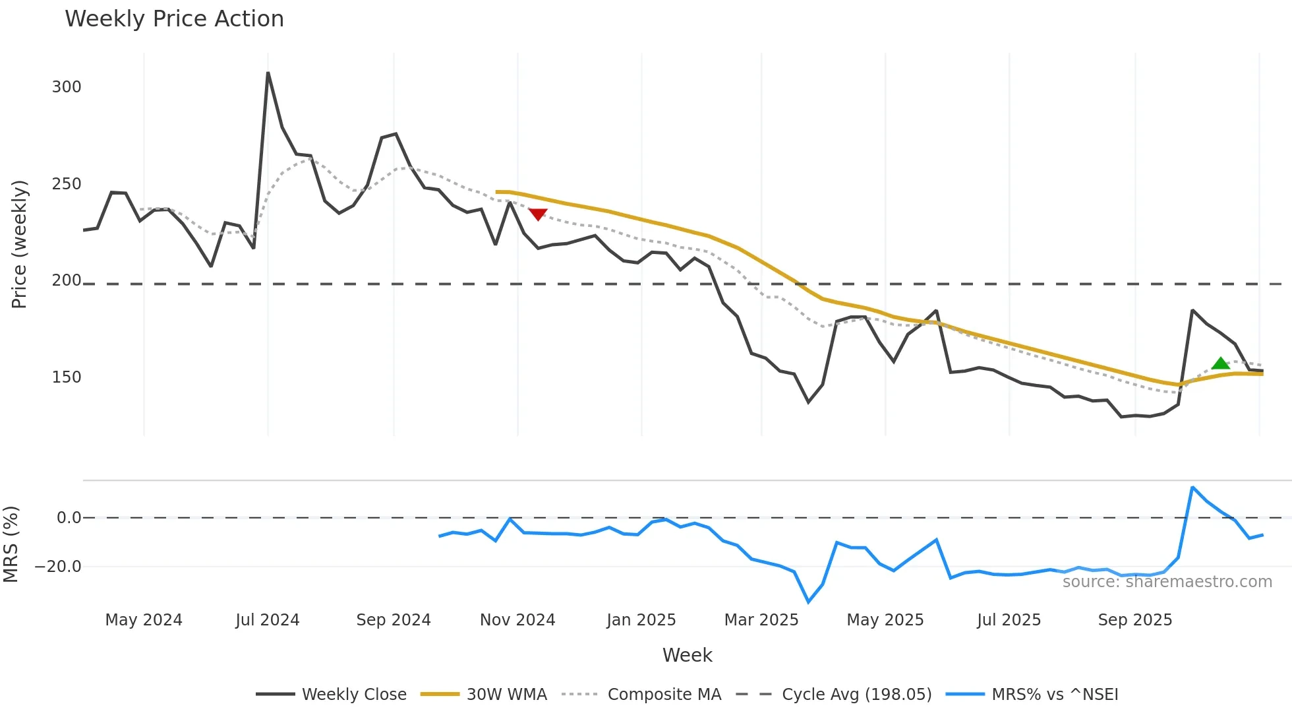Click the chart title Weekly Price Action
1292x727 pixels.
[174, 19]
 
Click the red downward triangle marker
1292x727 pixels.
[538, 214]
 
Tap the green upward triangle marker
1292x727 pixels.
[1220, 363]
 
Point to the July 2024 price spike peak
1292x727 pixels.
[268, 73]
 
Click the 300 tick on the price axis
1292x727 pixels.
[67, 87]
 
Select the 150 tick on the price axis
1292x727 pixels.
[67, 377]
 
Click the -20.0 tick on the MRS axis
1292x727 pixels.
[58, 567]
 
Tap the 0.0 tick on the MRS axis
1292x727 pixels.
[69, 518]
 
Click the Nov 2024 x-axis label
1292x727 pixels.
[517, 620]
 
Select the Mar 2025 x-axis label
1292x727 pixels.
[761, 620]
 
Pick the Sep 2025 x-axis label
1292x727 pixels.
[1135, 620]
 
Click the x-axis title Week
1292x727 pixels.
[687, 655]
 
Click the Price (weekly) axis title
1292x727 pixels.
[20, 244]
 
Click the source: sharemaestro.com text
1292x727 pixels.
[1167, 582]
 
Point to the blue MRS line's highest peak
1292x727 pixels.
[1192, 488]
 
